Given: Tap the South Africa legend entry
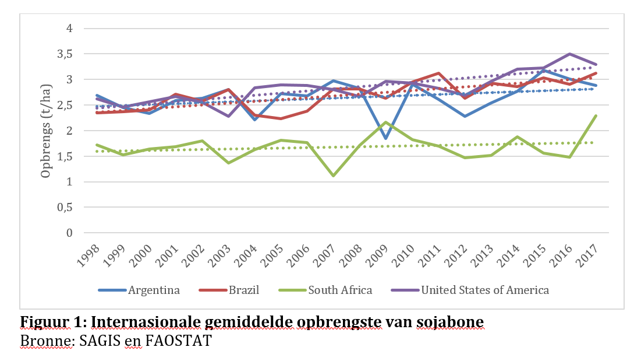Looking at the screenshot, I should (340, 290).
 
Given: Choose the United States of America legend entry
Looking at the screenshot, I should (485, 290).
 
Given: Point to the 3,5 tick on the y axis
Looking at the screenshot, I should (65, 54).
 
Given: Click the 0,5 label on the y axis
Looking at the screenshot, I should (65, 208).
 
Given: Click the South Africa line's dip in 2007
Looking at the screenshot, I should (333, 176).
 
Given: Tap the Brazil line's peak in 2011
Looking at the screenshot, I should (438, 73).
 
